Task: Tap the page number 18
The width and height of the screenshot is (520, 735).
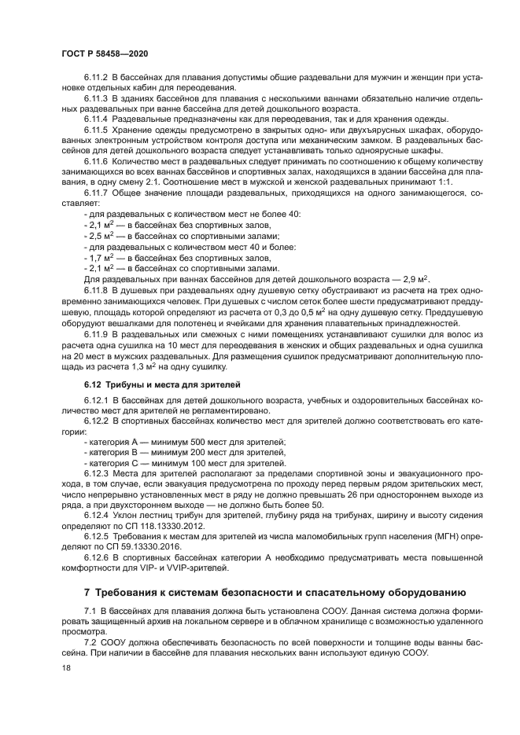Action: (x=65, y=668)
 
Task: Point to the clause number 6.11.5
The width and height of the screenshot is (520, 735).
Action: (x=96, y=129)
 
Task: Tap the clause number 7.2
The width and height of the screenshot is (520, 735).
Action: (x=90, y=642)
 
